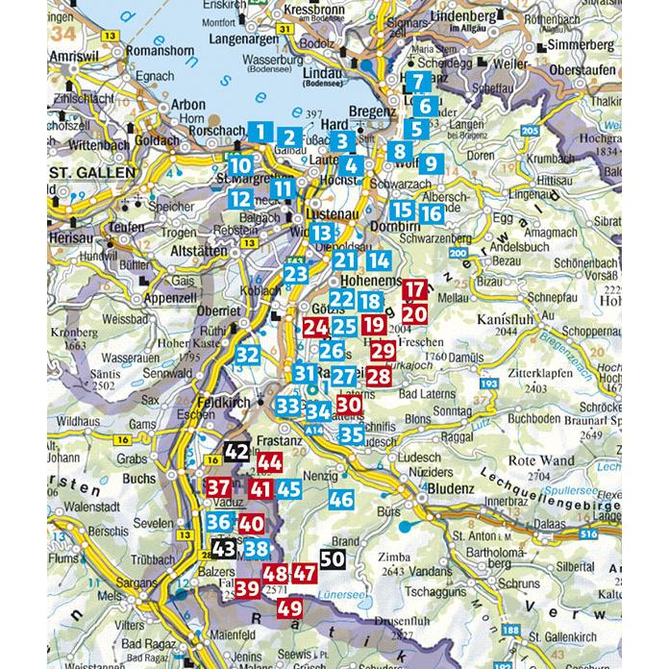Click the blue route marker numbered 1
(260, 132)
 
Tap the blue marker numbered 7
(419, 82)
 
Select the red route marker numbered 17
(415, 289)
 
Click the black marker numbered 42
(236, 450)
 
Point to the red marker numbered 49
(289, 607)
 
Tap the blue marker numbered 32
(247, 355)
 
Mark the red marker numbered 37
(218, 487)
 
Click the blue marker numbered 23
(296, 275)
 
